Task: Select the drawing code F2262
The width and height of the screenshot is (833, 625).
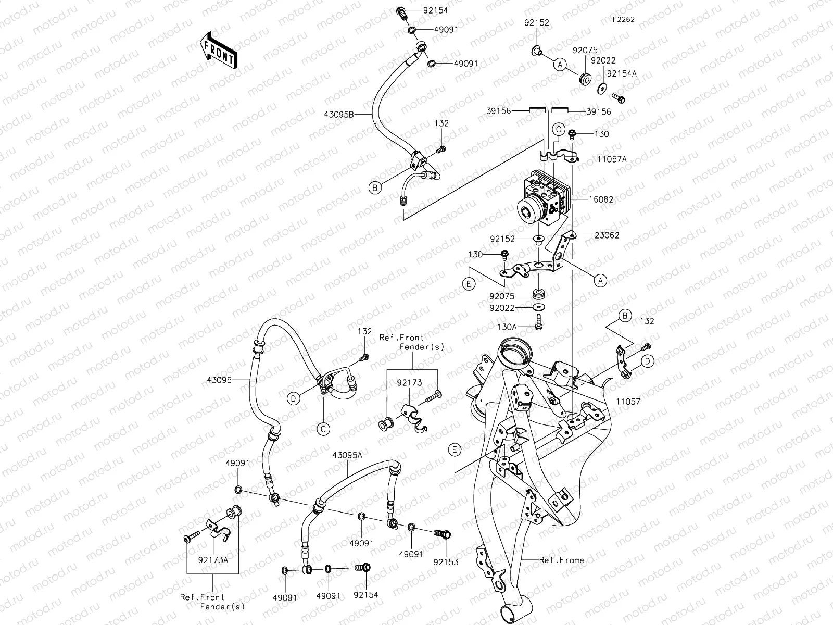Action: [623, 19]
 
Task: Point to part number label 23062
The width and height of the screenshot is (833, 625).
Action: [607, 235]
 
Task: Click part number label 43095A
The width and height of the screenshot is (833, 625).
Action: [347, 455]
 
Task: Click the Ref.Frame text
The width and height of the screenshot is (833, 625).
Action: [561, 560]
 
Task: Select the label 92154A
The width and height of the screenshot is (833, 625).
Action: [622, 74]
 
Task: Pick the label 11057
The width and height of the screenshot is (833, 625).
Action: [628, 402]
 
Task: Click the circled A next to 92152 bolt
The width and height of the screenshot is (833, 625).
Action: [560, 65]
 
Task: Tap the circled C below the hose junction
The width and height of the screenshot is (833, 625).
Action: [323, 429]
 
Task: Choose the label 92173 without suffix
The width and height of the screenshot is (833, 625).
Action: [412, 383]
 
